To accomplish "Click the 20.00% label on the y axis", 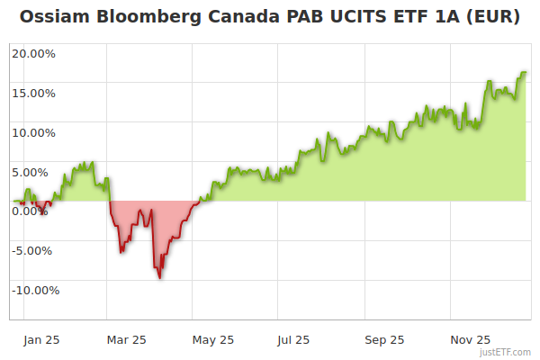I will (x=33, y=53).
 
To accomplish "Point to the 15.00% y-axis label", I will (x=33, y=93).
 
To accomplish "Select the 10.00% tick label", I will (x=33, y=132).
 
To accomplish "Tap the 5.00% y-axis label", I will (x=36, y=172).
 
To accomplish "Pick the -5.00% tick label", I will (x=34, y=250).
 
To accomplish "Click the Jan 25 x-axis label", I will (x=40, y=339).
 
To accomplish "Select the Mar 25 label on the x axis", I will (x=126, y=339).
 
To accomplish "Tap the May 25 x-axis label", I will (x=213, y=339).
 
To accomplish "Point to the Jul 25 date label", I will (x=293, y=339).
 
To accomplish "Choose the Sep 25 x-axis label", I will (x=384, y=339).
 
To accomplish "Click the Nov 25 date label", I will (x=470, y=339).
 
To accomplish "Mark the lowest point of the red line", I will (x=160, y=278).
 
